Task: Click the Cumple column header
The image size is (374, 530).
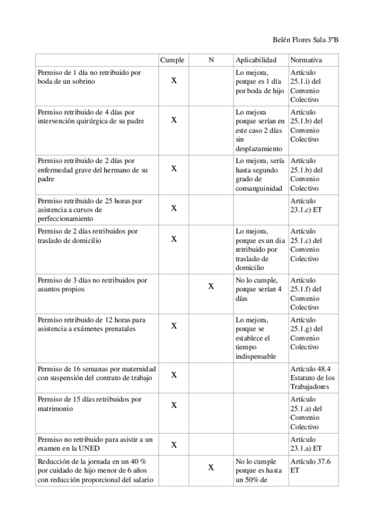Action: pos(172,60)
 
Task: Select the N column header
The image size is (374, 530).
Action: pos(211,60)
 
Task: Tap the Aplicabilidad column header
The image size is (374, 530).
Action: pos(255,60)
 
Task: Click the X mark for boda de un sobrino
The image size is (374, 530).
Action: pos(174,81)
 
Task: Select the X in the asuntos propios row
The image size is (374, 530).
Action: pos(211,286)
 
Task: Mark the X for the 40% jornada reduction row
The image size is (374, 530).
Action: pos(211,467)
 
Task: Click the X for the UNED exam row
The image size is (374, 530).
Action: pos(174,444)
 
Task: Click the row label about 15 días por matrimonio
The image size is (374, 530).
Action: pos(89,403)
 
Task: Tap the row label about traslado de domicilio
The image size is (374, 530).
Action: pos(87,236)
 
